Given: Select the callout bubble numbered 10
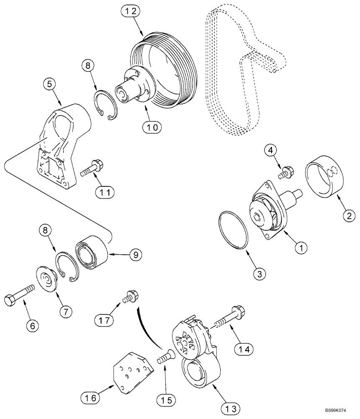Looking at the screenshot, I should coord(152,127).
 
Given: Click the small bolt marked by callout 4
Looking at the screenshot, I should coord(287,171).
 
